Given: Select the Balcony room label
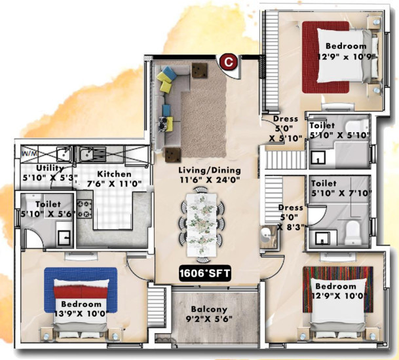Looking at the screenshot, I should coord(209,310).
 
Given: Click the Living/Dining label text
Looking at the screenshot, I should coord(209,170).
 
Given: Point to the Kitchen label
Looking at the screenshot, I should coord(115,175).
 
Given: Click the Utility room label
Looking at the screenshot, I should coord(35,168).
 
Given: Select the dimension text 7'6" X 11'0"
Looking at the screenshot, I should coord(115,185).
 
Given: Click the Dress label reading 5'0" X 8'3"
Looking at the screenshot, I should coord(290,217).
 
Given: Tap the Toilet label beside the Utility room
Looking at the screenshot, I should coord(48,204).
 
